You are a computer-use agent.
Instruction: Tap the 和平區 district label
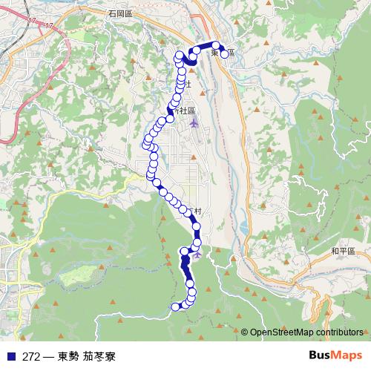[x=344, y=252]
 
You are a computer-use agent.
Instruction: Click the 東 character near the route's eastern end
[x=215, y=53]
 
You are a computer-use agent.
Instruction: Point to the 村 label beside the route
[x=197, y=212]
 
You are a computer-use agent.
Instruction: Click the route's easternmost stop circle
[x=224, y=53]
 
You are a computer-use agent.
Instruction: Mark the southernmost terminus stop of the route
[x=176, y=307]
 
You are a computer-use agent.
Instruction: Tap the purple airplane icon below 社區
[x=194, y=123]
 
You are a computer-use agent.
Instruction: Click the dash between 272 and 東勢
[x=48, y=355]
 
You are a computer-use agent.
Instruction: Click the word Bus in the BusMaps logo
[x=319, y=354]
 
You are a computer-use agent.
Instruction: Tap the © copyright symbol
[x=245, y=332]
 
